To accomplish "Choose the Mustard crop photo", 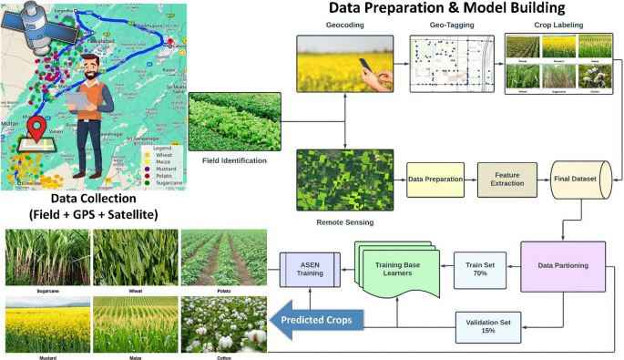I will pos(44,323).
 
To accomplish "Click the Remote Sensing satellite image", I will pos(345,179).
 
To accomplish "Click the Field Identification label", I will pos(235,160).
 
